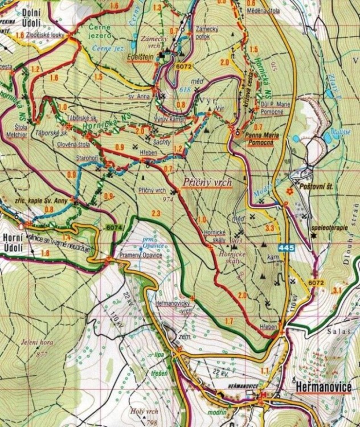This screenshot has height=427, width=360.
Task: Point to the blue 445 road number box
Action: pos(286,248)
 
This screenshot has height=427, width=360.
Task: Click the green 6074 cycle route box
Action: pos(114,228)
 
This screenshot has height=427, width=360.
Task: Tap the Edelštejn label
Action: pos(146,58)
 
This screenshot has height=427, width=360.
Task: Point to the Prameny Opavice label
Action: pos(141,255)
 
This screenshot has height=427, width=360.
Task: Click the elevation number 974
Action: pos(152,200)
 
